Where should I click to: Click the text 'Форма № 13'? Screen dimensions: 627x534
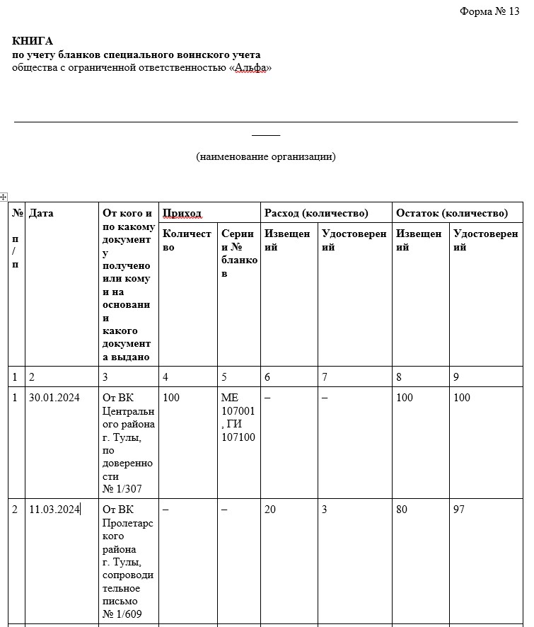(x=489, y=11)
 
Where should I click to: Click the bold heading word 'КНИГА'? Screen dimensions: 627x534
(x=33, y=41)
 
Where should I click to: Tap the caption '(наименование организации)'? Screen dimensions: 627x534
(x=266, y=156)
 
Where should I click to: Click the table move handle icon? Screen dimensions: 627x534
(x=4, y=196)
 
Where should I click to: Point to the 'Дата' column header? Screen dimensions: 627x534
(x=41, y=213)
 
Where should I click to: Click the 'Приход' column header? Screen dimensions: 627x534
(x=182, y=213)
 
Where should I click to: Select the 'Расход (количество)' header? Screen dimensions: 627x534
(x=316, y=213)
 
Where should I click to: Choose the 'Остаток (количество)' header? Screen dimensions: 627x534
(x=451, y=213)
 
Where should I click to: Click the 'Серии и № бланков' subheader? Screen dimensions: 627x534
(x=238, y=253)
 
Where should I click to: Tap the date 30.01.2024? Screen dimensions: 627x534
(x=54, y=398)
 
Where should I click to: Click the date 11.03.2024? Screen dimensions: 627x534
(x=54, y=510)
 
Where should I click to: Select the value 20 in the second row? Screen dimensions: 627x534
(x=270, y=510)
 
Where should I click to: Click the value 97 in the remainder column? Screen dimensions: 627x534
(x=459, y=510)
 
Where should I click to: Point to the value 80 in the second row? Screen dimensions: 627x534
(x=402, y=510)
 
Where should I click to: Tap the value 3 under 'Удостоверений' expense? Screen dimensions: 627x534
(x=324, y=510)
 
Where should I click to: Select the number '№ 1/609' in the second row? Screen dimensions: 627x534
(x=122, y=614)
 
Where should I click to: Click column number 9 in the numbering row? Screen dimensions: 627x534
(x=456, y=377)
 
